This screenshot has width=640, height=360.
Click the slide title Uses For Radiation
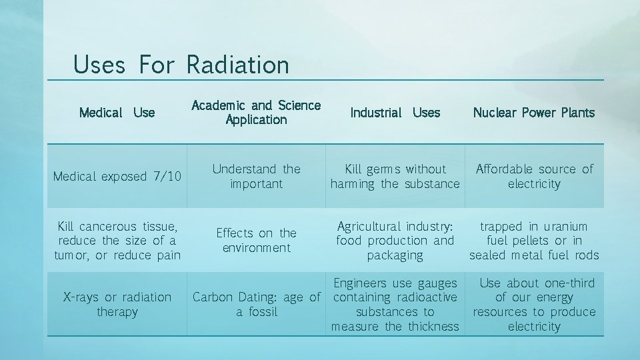(181, 65)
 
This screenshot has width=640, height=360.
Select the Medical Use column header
(117, 113)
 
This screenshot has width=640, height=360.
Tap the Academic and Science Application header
(256, 113)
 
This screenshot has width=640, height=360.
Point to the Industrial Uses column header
(395, 113)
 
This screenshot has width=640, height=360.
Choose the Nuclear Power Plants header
(533, 113)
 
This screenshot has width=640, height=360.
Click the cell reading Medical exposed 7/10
(117, 177)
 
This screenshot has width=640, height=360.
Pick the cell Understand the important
(256, 177)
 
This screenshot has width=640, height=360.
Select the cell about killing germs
(395, 177)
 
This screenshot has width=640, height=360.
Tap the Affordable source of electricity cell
(533, 177)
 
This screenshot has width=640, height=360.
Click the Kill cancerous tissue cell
(117, 241)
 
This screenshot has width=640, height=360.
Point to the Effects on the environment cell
(256, 240)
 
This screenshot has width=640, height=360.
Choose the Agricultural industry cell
(395, 241)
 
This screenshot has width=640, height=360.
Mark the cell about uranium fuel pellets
(533, 241)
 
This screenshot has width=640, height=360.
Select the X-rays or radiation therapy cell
(117, 304)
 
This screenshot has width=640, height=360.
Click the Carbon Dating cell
(256, 305)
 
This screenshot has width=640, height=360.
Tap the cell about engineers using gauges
(395, 305)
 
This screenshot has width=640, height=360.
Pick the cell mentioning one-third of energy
(533, 305)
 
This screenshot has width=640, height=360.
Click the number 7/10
(166, 177)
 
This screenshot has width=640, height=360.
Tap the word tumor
(72, 255)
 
